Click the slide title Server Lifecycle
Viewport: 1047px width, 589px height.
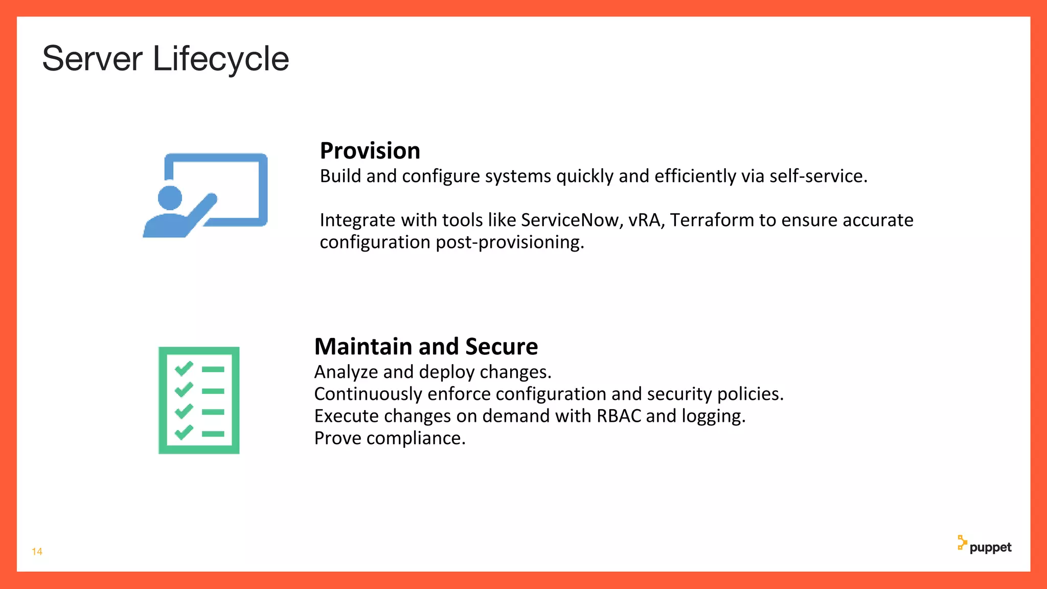[x=165, y=59]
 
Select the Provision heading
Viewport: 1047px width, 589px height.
[x=370, y=151]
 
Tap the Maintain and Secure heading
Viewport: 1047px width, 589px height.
[x=426, y=347]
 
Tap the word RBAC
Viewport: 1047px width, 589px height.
[x=619, y=416]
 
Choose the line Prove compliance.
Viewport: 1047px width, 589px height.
[x=390, y=438]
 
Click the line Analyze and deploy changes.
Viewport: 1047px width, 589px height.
[x=433, y=372]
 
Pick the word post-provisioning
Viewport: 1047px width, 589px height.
[x=509, y=242]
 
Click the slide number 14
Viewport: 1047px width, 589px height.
[x=37, y=551]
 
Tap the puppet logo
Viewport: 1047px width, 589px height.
[x=984, y=546]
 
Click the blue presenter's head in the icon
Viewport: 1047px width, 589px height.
[x=170, y=198]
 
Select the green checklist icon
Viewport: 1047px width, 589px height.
[x=199, y=400]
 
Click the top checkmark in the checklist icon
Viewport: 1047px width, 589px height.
[x=184, y=368]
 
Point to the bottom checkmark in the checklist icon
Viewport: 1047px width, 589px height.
[x=184, y=433]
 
